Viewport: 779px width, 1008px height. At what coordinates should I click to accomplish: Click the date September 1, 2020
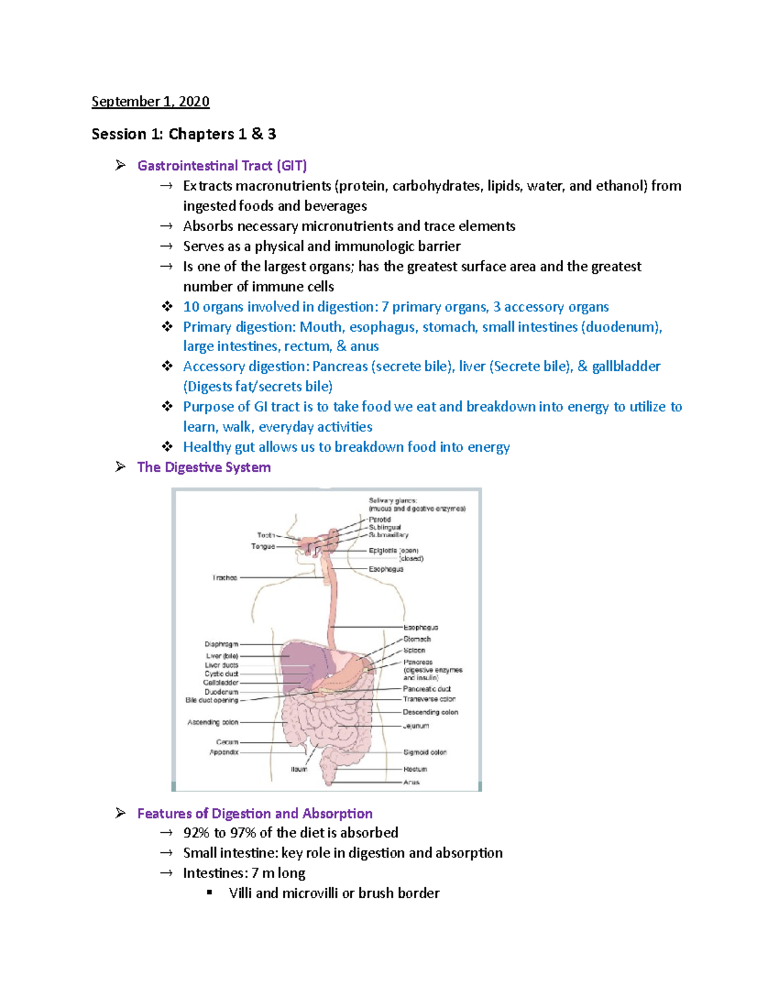pyautogui.click(x=150, y=101)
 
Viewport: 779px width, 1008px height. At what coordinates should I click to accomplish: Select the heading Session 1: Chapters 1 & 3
pyautogui.click(x=184, y=134)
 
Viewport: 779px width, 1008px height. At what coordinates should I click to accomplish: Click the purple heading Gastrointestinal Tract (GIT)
pyautogui.click(x=222, y=166)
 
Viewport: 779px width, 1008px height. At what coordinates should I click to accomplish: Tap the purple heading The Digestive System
pyautogui.click(x=204, y=467)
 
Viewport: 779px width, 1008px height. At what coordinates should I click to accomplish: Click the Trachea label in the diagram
pyautogui.click(x=225, y=578)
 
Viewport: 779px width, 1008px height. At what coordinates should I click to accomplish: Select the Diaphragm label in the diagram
pyautogui.click(x=221, y=645)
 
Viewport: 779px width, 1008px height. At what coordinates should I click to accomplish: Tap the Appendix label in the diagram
pyautogui.click(x=224, y=752)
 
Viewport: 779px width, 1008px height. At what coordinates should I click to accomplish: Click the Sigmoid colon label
pyautogui.click(x=425, y=752)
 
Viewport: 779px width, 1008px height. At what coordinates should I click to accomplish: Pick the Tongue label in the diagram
pyautogui.click(x=263, y=547)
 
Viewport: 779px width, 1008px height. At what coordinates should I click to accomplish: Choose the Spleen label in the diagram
pyautogui.click(x=414, y=650)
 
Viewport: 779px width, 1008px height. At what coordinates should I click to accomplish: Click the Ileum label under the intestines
pyautogui.click(x=299, y=769)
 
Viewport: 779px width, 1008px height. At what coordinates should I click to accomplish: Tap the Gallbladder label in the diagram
pyautogui.click(x=221, y=683)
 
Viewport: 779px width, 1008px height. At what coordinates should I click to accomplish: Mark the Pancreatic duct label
pyautogui.click(x=427, y=689)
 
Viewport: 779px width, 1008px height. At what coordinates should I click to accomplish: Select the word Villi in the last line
pyautogui.click(x=240, y=893)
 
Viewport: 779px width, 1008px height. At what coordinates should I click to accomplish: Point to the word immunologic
pyautogui.click(x=384, y=246)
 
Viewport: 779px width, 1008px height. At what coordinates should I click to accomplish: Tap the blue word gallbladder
pyautogui.click(x=626, y=367)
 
